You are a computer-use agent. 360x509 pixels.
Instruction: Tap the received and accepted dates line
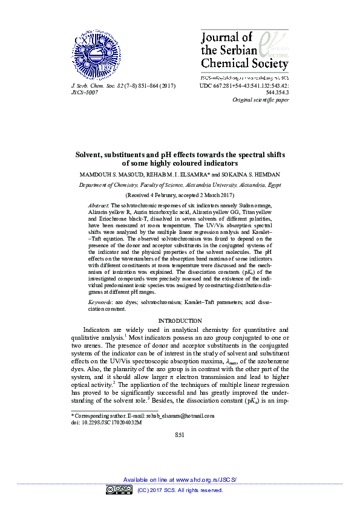point(180,196)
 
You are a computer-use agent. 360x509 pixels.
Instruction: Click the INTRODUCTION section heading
point(180,320)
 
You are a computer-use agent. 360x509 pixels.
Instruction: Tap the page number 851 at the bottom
point(180,435)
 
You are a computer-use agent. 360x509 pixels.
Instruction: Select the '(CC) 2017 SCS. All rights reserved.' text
point(180,490)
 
